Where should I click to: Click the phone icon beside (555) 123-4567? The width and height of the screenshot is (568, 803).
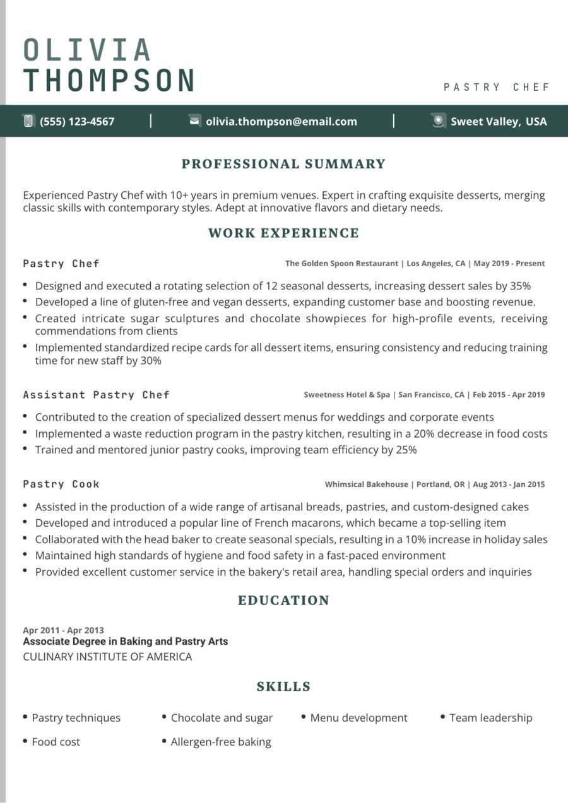tap(28, 121)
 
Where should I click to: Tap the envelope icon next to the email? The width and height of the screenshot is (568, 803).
tap(195, 121)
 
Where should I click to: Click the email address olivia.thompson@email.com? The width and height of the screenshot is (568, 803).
tap(281, 122)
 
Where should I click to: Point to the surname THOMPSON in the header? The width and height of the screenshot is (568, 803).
tap(109, 80)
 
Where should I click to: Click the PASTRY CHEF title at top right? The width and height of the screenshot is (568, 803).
tap(497, 87)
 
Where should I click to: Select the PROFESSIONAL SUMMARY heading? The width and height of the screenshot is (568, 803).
tap(283, 164)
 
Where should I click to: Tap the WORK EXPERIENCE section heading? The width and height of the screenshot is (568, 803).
tap(283, 233)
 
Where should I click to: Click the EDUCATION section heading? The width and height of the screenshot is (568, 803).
tap(283, 601)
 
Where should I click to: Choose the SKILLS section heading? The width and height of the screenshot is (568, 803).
tap(283, 686)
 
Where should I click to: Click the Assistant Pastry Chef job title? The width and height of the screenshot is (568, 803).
tap(97, 395)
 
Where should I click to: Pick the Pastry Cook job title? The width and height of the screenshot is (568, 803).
tap(61, 484)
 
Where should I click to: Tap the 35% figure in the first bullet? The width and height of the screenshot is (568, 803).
tap(520, 286)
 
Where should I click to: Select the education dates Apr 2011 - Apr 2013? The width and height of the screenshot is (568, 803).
tap(64, 630)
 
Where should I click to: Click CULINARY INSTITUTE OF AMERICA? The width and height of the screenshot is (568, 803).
tap(107, 657)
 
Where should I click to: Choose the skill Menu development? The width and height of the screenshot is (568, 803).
tap(358, 718)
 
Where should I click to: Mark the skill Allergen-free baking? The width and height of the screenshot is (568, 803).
tap(221, 742)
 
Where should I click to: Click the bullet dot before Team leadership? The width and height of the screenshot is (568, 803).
tap(443, 717)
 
